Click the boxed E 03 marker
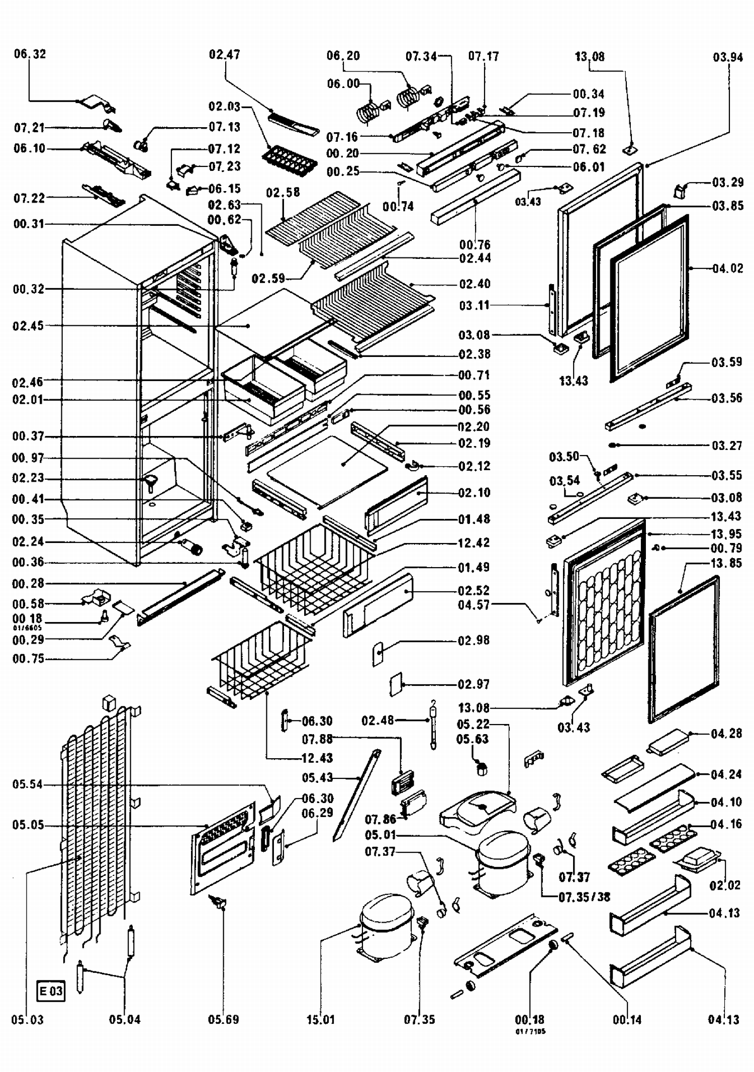51,991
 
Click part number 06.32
30,54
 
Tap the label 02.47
224,54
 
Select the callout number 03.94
727,57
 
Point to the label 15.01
320,1020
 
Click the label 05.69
223,1020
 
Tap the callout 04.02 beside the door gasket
727,269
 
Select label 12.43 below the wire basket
317,758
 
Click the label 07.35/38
584,897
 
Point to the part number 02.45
28,326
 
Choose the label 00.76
475,245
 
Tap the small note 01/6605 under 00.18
28,628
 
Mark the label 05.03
28,1020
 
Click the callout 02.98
474,641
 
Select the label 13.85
726,563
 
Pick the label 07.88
317,739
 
